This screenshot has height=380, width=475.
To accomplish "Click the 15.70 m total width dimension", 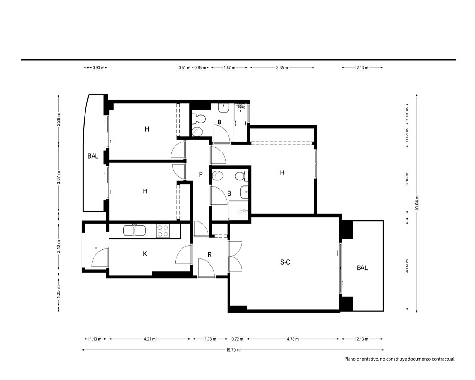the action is coord(233,350).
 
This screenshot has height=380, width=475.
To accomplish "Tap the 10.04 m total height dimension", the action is coord(417,203).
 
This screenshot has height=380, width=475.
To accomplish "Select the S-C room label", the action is coord(285,262).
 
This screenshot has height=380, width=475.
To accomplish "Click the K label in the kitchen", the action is coord(145,254).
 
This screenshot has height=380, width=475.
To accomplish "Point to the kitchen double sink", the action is coord(134,230).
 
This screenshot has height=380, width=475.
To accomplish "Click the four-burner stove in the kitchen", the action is coord(162,230).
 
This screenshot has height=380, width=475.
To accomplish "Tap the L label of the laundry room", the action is coord(96,247).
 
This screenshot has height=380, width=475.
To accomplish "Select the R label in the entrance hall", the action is coord(209,255).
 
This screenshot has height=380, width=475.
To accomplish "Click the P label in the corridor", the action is coord(200,174).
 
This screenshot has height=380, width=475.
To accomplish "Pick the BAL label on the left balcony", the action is coord(93,156).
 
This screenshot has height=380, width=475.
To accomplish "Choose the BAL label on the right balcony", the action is coord(362,268).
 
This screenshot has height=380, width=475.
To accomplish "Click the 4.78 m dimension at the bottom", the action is coord(293,339).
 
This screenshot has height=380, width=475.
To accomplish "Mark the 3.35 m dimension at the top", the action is coord(282,68).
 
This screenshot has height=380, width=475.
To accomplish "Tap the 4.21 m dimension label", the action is coord(149,339).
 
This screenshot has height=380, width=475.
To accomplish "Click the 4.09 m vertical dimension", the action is coord(407,266).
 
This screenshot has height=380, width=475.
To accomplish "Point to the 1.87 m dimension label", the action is coord(229,68).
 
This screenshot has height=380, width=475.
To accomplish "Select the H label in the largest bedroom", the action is coord(282,173).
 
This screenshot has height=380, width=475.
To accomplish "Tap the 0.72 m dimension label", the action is coord(237,339).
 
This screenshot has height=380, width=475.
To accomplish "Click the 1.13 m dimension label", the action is coord(95,339).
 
